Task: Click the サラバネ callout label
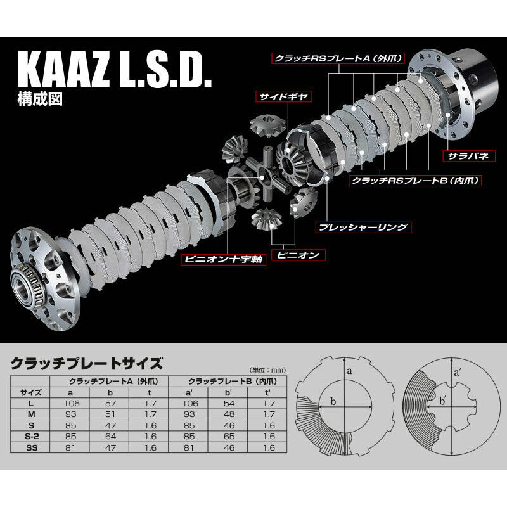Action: point(465,154)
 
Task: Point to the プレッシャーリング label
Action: point(364,226)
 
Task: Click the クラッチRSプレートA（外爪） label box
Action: point(333,58)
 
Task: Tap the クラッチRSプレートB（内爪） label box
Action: point(416,181)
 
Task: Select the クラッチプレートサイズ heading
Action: point(87,363)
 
